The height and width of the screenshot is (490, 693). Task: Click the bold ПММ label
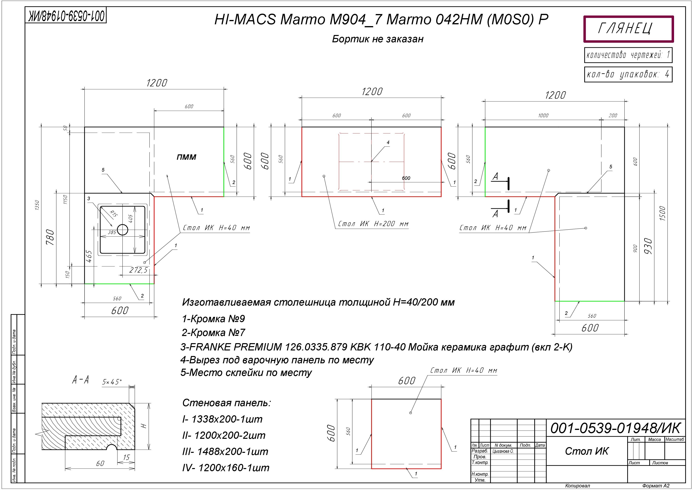pos(186,157)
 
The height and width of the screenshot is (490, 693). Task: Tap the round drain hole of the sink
pos(122,230)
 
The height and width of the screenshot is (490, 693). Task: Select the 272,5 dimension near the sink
pos(138,270)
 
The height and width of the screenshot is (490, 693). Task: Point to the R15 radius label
pos(113,214)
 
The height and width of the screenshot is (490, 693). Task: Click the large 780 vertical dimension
pos(50,238)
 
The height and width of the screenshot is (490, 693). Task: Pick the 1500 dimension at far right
pos(663,213)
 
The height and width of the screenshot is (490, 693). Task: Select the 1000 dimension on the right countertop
pos(543,115)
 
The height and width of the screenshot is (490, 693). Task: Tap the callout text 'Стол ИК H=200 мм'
pos(373,224)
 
